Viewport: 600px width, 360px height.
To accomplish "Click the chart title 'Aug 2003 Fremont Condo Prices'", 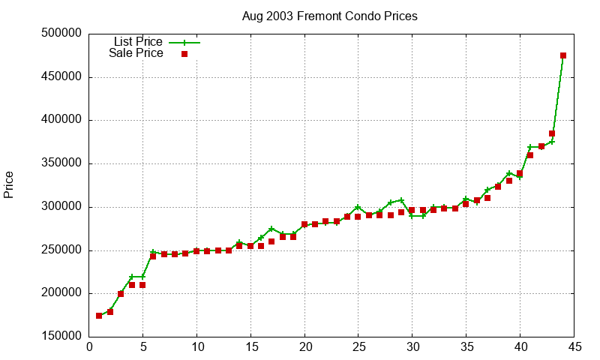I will click(x=330, y=16).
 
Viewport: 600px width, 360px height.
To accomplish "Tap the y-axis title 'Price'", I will click(x=9, y=184).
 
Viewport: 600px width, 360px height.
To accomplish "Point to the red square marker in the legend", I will click(x=184, y=54).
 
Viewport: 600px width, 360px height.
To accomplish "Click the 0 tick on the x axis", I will click(x=89, y=347).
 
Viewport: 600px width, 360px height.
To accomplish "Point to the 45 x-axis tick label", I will click(x=574, y=347).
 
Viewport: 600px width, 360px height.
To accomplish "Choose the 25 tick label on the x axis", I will click(x=358, y=347).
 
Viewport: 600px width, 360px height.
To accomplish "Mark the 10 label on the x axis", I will click(x=196, y=347).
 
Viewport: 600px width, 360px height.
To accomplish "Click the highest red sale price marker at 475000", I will click(x=563, y=55).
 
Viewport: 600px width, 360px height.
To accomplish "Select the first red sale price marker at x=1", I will click(x=100, y=316).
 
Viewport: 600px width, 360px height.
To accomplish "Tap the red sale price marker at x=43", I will click(x=552, y=133).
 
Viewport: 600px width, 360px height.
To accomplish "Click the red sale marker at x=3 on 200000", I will click(x=121, y=294).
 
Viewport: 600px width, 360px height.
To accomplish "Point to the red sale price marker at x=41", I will click(x=530, y=155).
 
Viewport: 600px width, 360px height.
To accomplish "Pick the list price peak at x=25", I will click(x=358, y=207).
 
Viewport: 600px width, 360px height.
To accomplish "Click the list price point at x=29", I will click(x=401, y=200).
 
